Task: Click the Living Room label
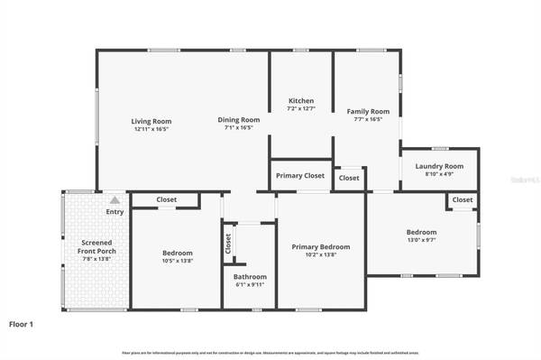click(151, 121)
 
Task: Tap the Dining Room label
click(239, 120)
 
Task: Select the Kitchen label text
click(301, 100)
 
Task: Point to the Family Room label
click(365, 111)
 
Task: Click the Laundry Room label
click(439, 166)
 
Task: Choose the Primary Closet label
click(300, 176)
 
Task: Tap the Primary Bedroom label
click(320, 246)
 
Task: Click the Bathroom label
click(250, 277)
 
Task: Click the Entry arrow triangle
click(115, 200)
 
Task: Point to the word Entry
click(115, 212)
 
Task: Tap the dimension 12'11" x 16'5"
click(151, 129)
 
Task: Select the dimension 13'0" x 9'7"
click(421, 240)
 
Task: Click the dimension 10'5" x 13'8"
click(177, 262)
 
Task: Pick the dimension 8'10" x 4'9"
click(439, 174)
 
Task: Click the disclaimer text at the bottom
click(270, 352)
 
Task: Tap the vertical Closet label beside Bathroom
click(228, 243)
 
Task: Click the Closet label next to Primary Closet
click(349, 179)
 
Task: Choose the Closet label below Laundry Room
click(462, 199)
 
